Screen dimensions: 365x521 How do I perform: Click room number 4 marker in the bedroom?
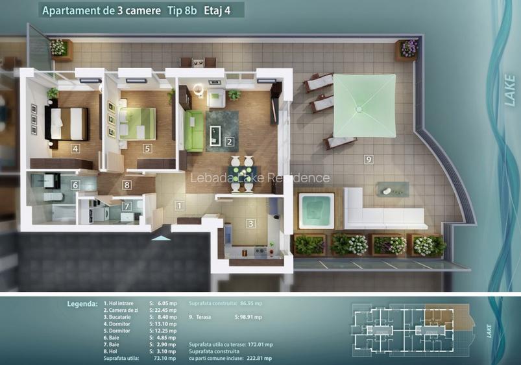click(76, 148)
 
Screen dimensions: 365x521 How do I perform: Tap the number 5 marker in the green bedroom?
click(147, 148)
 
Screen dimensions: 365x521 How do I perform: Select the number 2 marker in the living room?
click(229, 141)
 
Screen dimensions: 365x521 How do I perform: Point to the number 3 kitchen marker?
click(250, 224)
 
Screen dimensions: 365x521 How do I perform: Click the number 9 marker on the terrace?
click(368, 159)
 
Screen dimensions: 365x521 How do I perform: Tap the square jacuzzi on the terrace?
click(316, 210)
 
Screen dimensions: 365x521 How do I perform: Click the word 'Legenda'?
click(82, 303)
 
